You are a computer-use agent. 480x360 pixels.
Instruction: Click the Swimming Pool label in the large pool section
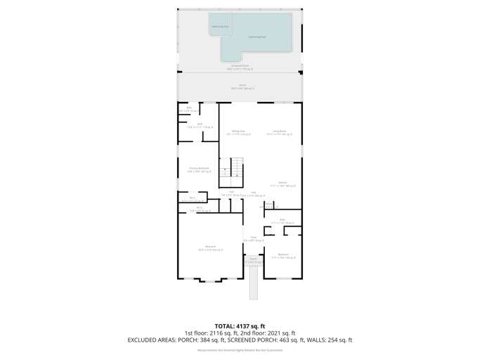(257, 37)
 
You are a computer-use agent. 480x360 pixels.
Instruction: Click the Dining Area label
(239, 131)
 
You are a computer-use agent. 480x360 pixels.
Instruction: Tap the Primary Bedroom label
(199, 169)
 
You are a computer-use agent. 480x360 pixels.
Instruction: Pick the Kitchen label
(282, 184)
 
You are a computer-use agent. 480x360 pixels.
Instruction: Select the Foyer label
(253, 238)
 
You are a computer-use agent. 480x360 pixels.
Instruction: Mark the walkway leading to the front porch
(254, 281)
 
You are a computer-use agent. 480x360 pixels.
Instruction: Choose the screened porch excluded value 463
(292, 340)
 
